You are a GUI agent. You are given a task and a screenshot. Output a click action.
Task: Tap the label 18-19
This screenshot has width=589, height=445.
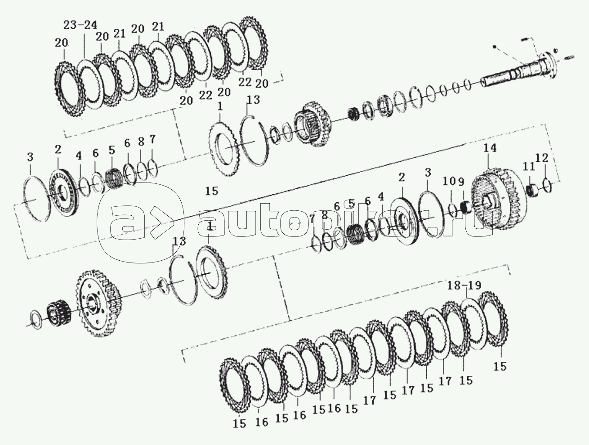click(464, 285)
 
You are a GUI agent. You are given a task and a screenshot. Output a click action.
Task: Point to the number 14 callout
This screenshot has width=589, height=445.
click(490, 148)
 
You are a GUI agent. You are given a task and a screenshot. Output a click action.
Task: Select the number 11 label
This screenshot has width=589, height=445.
click(529, 166)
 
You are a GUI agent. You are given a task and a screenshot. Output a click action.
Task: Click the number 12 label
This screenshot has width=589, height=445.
click(542, 158)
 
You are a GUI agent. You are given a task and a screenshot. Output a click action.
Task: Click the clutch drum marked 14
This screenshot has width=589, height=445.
click(495, 198)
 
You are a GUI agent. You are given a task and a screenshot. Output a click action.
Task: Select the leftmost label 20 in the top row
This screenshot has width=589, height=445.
click(62, 43)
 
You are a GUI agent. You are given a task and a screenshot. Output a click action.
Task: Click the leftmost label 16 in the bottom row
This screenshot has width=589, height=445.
click(262, 422)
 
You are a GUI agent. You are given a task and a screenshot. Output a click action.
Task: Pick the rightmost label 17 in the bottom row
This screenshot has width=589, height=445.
click(445, 381)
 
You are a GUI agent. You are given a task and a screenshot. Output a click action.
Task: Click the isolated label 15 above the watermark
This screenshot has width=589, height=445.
click(211, 191)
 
